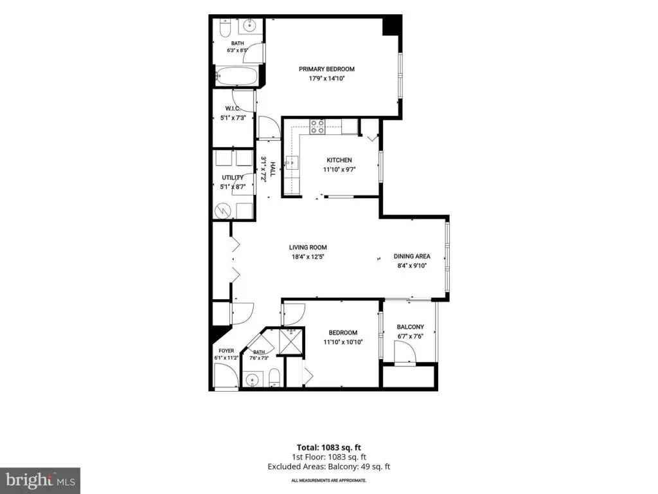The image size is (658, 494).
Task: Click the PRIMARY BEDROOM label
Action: (326, 69)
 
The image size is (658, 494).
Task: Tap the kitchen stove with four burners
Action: (317, 127)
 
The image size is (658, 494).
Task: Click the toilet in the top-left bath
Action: (226, 28)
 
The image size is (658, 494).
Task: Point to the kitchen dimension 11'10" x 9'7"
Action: (339, 170)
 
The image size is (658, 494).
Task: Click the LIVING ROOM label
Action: (308, 248)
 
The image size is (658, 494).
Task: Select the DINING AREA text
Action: (412, 256)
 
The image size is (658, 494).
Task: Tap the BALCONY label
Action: (411, 327)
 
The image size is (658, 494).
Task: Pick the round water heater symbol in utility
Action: (223, 211)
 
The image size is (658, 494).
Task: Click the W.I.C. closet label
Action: (233, 109)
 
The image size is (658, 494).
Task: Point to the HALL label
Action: (272, 169)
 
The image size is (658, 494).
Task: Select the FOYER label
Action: (226, 351)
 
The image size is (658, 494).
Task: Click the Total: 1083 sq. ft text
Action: (328, 448)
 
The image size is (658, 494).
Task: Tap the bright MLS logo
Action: (40, 480)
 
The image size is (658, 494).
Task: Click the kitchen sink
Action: (292, 162)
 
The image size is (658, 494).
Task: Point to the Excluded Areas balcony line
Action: (328, 467)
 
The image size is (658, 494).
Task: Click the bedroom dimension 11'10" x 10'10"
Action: (343, 342)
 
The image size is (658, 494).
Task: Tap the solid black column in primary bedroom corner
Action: (391, 26)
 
